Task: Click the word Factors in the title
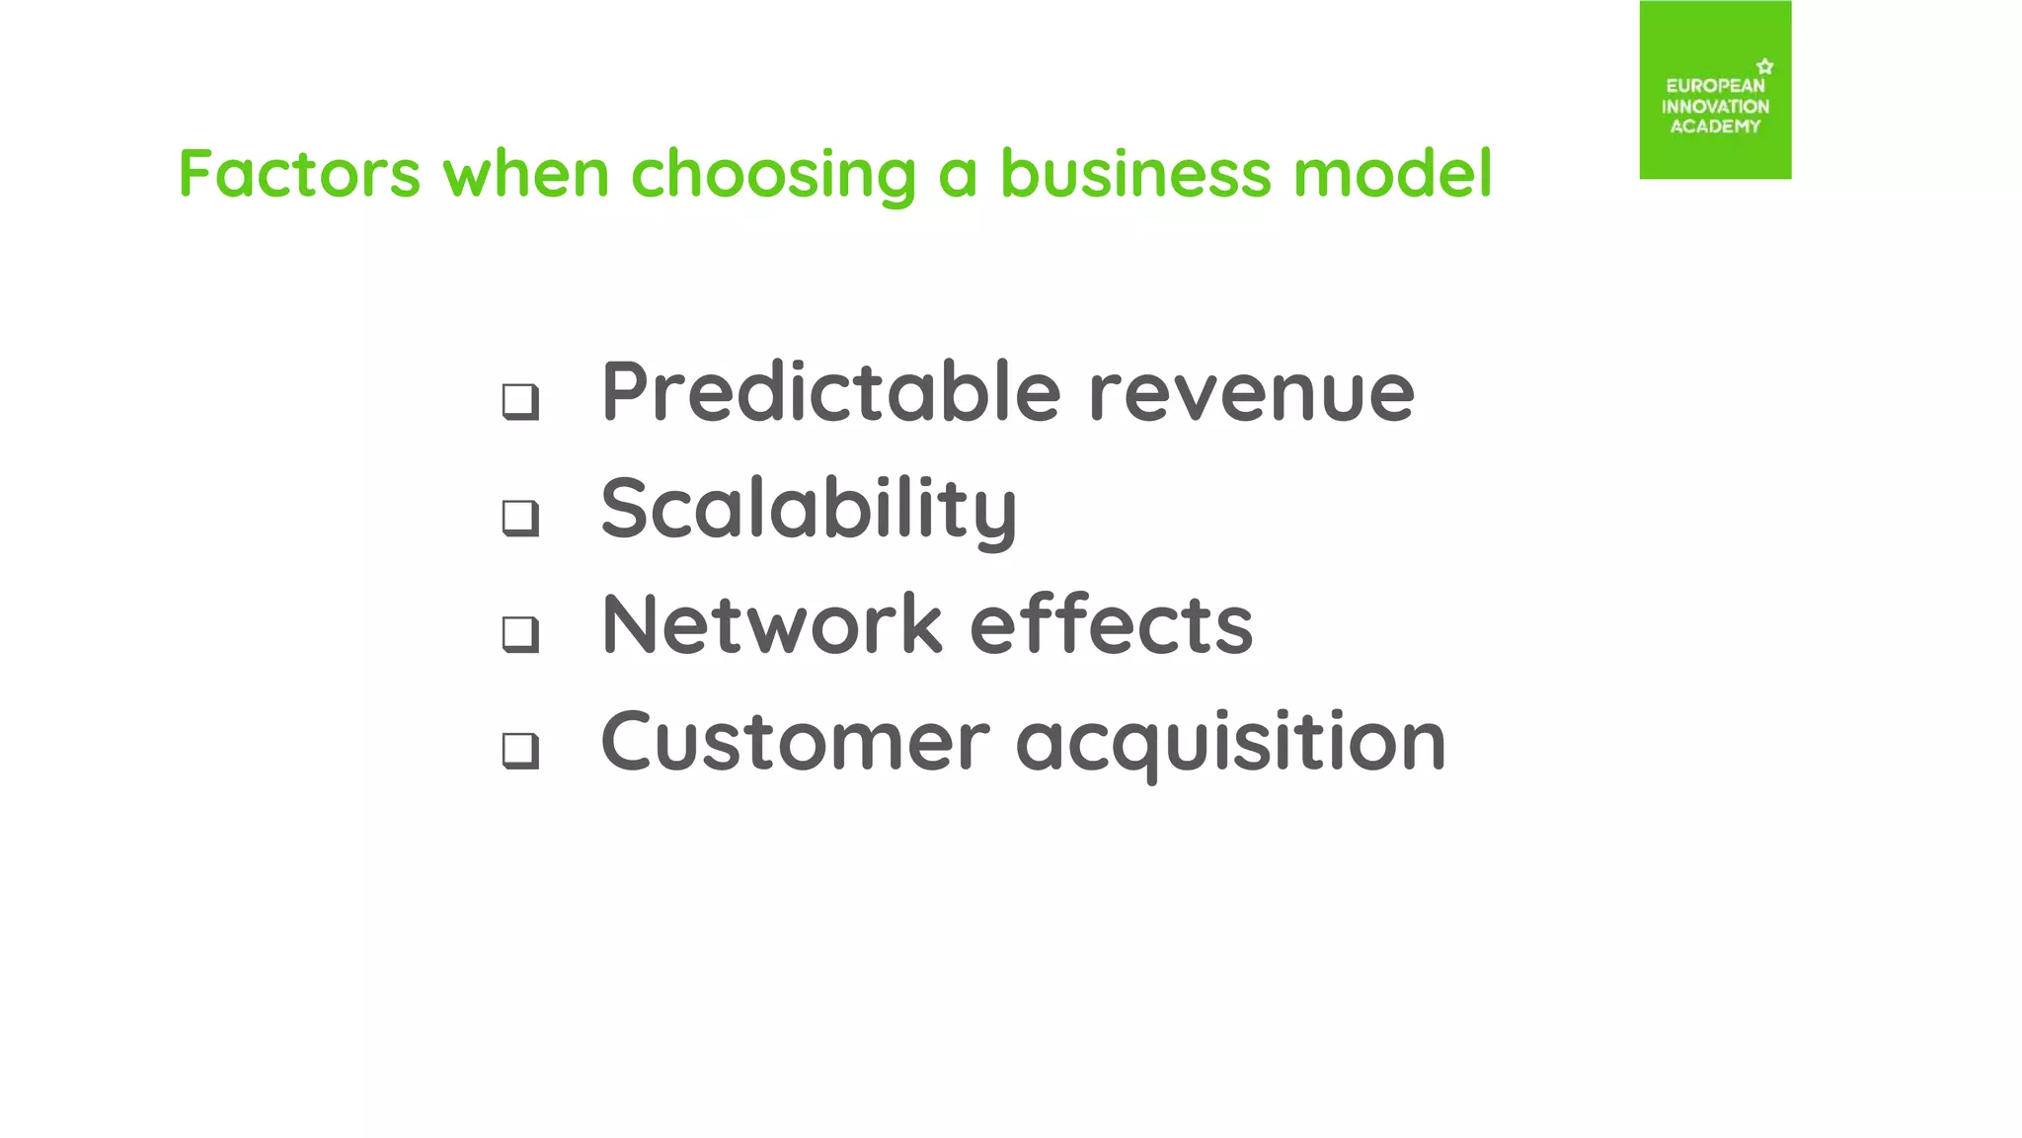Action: pos(299,175)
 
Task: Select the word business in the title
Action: pos(1135,175)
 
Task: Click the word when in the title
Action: pos(525,175)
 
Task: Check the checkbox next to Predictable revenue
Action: pos(520,401)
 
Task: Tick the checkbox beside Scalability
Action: pos(520,517)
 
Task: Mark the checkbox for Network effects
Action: pos(520,633)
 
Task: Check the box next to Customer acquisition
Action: pos(520,750)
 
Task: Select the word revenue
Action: pos(1251,394)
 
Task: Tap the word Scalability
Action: pos(809,510)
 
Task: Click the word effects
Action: pos(1112,625)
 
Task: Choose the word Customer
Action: pos(795,742)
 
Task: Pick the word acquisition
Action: pos(1230,744)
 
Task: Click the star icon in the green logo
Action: pos(1765,66)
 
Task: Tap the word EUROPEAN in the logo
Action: pos(1715,86)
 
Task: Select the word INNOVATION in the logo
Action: pos(1715,107)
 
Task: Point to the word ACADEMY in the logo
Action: pos(1715,126)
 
